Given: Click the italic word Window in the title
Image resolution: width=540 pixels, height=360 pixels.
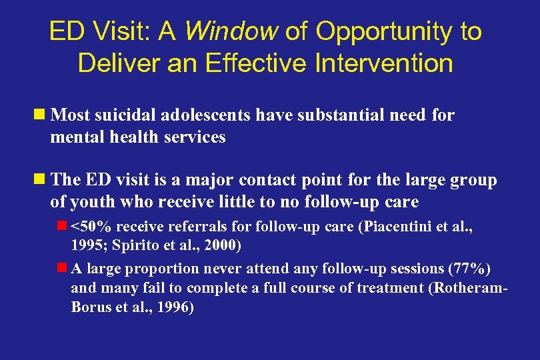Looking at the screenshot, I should click(x=229, y=31).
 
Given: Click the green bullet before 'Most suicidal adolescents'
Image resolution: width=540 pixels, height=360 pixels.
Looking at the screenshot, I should click(x=41, y=115).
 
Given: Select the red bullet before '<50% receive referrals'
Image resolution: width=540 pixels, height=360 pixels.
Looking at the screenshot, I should click(x=62, y=225).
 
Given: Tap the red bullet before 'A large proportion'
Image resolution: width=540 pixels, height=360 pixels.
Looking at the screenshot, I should click(x=62, y=268).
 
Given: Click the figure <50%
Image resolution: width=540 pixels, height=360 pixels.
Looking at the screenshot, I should click(x=88, y=226).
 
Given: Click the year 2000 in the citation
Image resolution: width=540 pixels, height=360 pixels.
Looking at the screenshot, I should click(x=224, y=245).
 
